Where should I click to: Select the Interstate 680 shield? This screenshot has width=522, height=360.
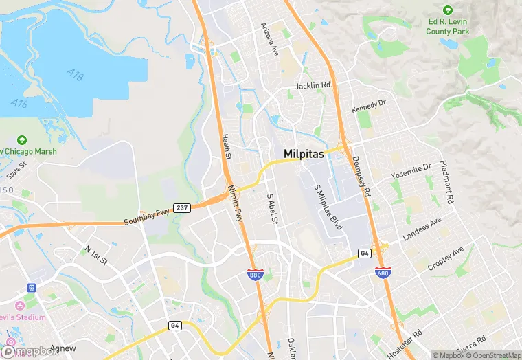[383, 273]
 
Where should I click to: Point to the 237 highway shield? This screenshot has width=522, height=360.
[181, 207]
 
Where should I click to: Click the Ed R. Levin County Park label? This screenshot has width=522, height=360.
[447, 27]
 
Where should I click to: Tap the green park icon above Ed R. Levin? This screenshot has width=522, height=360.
[448, 10]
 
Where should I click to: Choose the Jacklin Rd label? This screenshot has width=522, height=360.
[313, 86]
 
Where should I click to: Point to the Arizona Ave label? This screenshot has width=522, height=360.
[269, 40]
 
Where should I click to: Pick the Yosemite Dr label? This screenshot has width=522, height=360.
[411, 171]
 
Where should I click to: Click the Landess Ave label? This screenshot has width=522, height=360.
[422, 229]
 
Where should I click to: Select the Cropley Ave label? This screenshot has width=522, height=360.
[446, 256]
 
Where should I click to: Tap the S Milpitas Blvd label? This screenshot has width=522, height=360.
[328, 206]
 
